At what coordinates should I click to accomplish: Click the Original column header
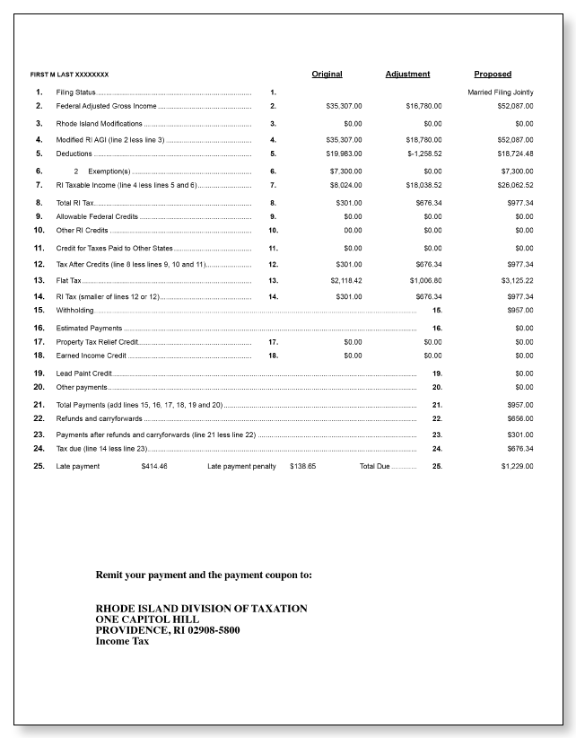click(x=327, y=75)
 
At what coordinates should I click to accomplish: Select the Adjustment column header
click(x=407, y=75)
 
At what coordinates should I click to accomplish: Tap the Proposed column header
click(x=493, y=75)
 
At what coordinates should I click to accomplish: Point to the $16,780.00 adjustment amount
click(x=423, y=106)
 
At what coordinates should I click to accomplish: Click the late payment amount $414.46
click(x=154, y=467)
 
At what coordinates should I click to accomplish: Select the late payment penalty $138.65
click(x=302, y=467)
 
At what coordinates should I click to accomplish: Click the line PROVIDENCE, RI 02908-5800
click(x=168, y=630)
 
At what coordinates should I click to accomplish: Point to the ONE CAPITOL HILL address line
click(x=147, y=619)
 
